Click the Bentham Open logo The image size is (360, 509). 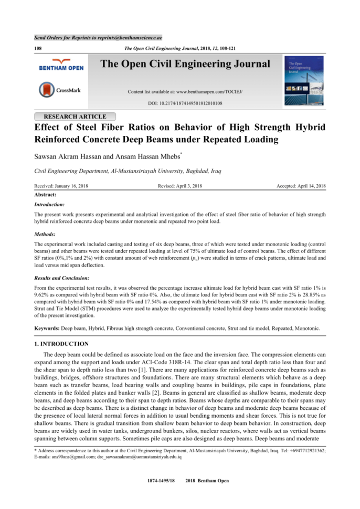coord(61,68)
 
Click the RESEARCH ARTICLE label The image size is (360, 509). coord(75,116)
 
